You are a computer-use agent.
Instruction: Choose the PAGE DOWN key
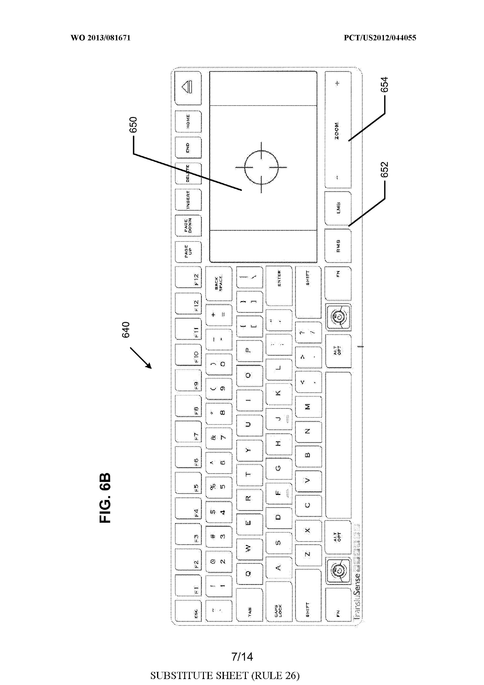pos(188,226)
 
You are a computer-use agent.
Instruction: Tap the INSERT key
pos(188,200)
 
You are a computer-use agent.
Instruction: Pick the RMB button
pos(338,246)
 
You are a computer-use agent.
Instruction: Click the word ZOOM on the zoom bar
pos(337,131)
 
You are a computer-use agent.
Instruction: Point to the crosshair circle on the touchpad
pos(262,167)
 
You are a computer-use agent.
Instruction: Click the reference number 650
pos(133,125)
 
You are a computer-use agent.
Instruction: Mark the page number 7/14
pos(242,657)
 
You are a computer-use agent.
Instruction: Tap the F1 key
pos(188,587)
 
